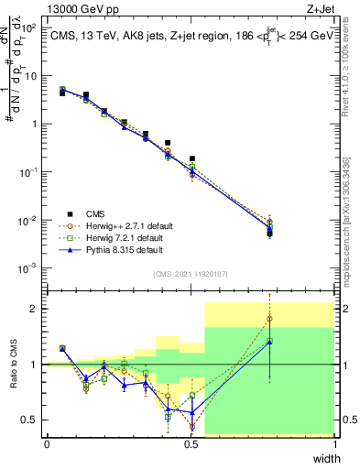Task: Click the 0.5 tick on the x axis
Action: tap(191, 444)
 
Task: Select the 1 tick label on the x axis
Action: tap(335, 444)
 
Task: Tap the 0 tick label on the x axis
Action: tap(47, 444)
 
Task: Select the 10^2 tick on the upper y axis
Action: tap(30, 27)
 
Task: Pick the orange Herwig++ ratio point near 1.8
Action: tap(269, 320)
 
